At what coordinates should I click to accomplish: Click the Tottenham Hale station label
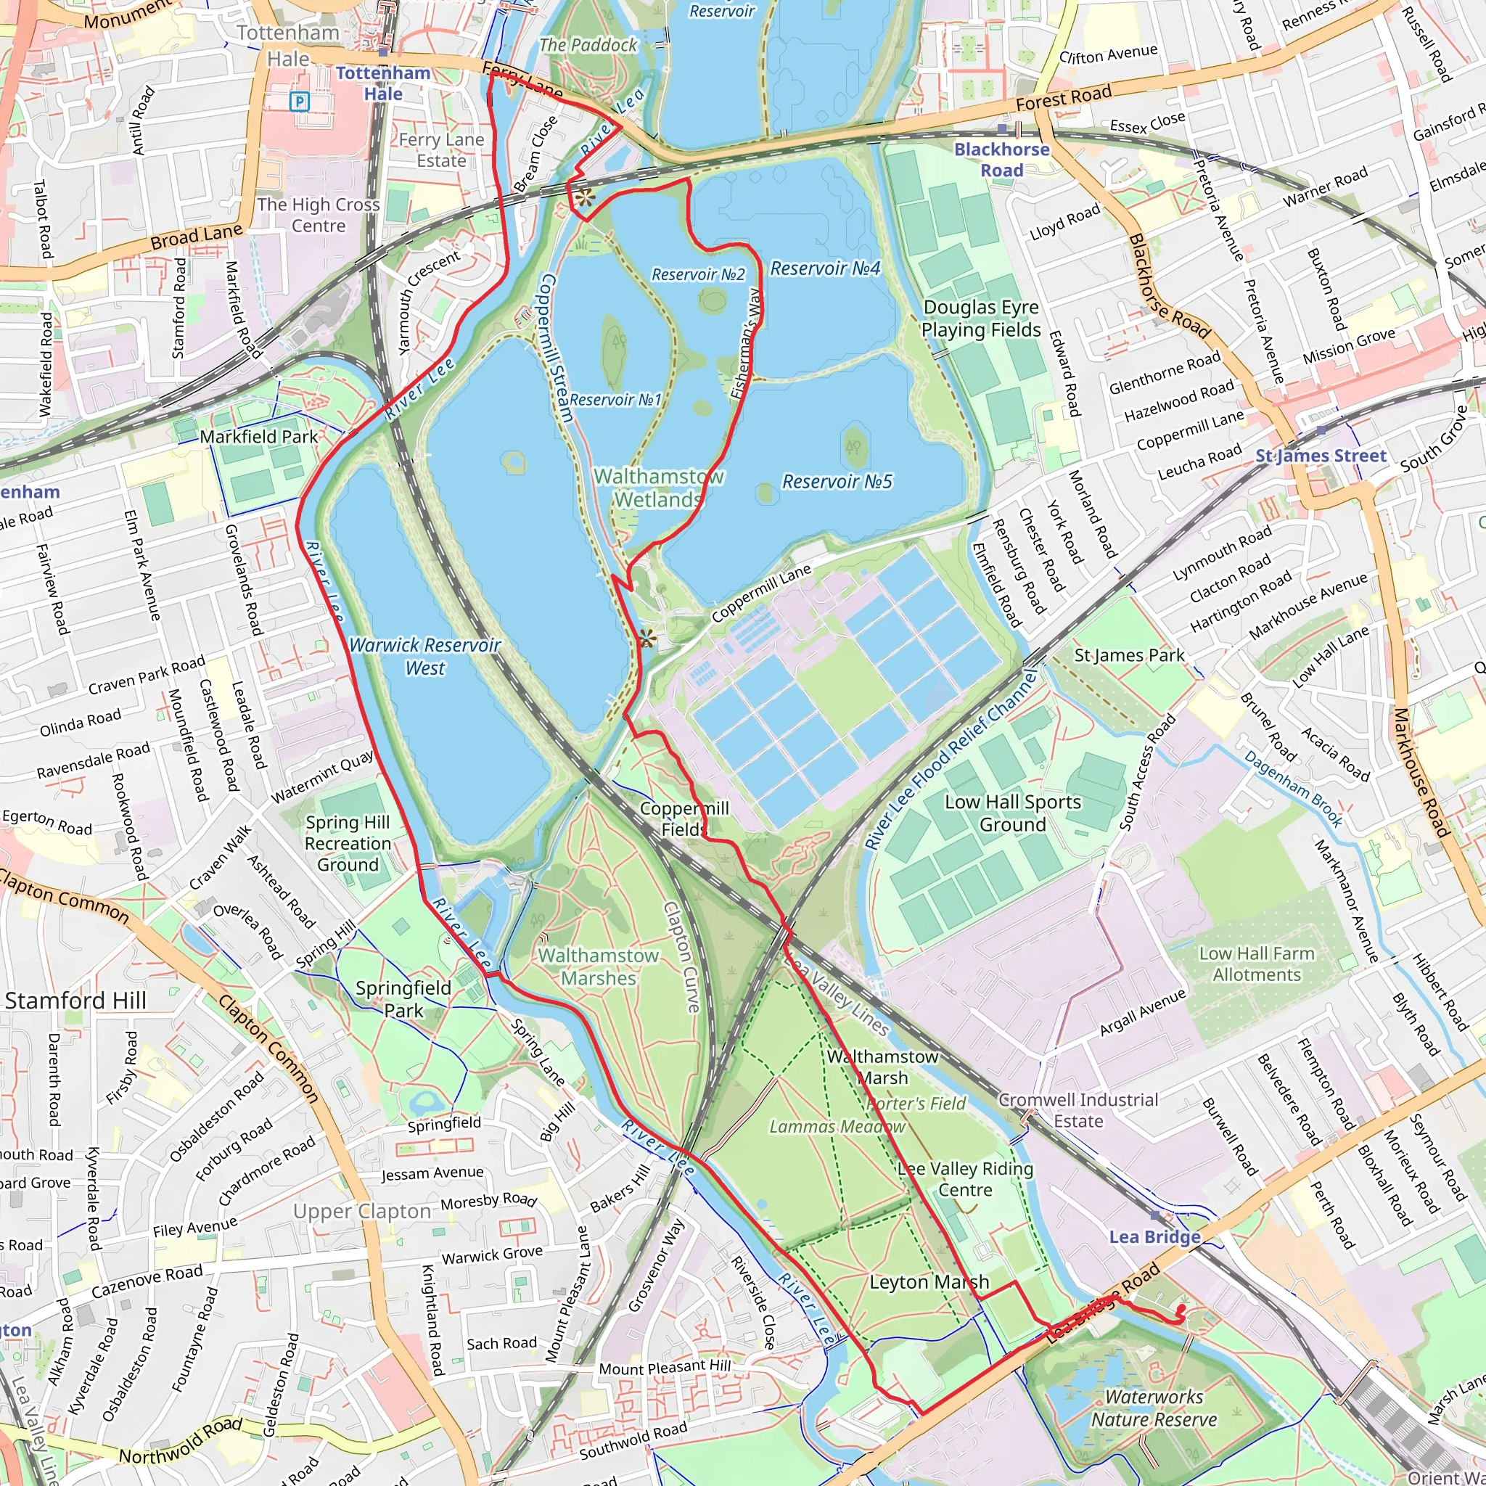[x=382, y=83]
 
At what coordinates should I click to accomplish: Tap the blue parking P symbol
[x=299, y=101]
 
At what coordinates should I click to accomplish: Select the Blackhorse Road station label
[x=1001, y=160]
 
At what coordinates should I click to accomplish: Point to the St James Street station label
[x=1321, y=456]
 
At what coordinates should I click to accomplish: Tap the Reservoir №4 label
[x=824, y=268]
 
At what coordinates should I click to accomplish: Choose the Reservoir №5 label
[x=837, y=482]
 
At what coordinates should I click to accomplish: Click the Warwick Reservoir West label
[x=424, y=656]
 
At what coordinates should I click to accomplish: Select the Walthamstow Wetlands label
[x=658, y=488]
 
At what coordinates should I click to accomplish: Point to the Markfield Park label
[x=258, y=437]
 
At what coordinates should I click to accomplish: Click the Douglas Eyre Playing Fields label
[x=981, y=319]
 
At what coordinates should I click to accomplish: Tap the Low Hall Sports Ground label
[x=1012, y=813]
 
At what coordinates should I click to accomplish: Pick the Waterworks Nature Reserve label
[x=1154, y=1408]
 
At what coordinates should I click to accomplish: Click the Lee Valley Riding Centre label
[x=965, y=1179]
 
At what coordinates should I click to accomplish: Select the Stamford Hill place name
[x=75, y=1001]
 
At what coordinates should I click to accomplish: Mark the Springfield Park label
[x=403, y=999]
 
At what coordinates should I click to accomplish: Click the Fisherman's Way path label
[x=744, y=343]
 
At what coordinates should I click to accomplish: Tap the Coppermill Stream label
[x=554, y=348]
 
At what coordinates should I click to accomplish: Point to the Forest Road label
[x=1063, y=98]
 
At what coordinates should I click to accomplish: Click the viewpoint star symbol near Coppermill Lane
[x=646, y=638]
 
